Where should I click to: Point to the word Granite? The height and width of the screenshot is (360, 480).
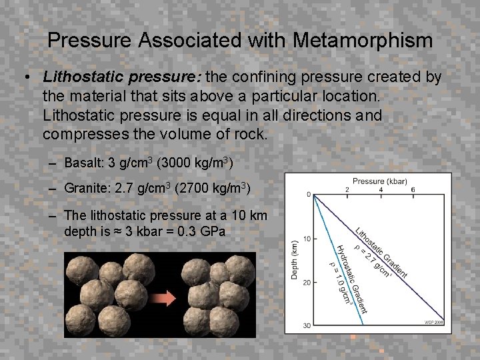pos(85,189)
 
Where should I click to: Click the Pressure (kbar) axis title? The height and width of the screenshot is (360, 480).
pos(379,181)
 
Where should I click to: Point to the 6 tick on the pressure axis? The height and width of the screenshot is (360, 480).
pos(414,190)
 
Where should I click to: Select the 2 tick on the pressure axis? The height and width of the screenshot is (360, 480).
pos(347,190)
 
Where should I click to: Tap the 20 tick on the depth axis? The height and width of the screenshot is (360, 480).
pos(307,282)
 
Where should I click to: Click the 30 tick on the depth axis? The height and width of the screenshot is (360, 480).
pos(307,325)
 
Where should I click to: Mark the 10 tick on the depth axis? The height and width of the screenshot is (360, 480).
pos(307,239)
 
